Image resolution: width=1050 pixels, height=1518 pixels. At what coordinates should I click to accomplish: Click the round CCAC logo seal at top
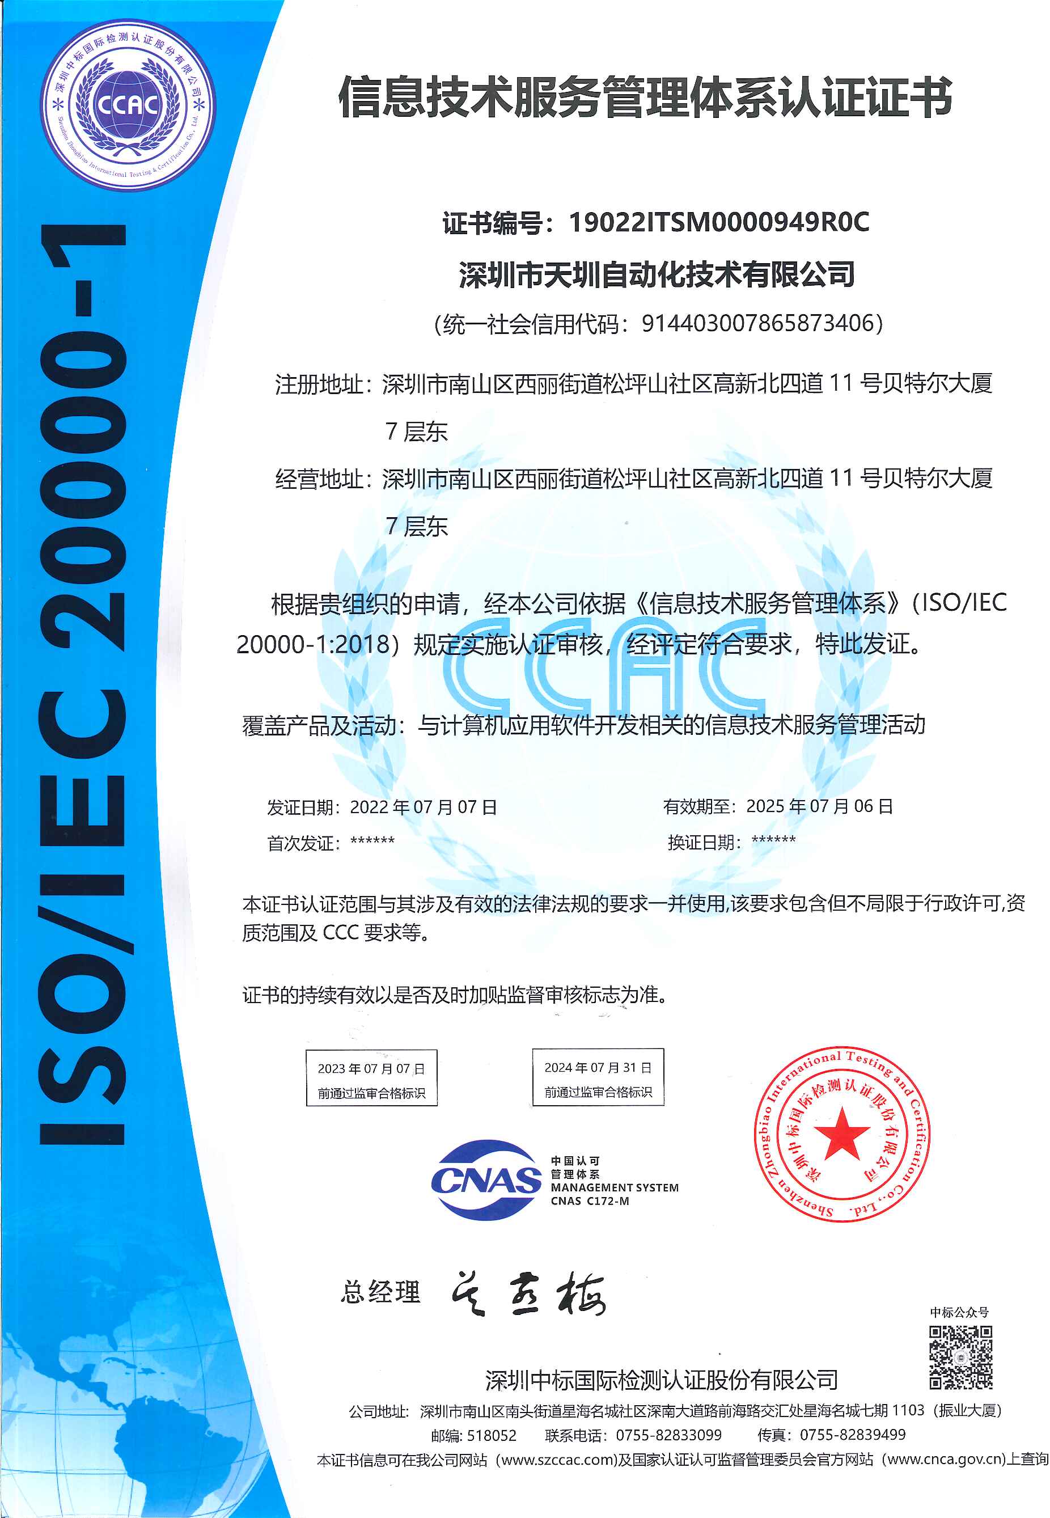pos(128,105)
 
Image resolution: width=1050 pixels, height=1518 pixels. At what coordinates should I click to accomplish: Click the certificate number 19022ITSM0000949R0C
pos(718,222)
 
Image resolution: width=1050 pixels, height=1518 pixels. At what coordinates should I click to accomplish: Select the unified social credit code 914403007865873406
pos(761,323)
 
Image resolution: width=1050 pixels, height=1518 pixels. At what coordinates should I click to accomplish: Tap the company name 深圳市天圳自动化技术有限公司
pos(657,274)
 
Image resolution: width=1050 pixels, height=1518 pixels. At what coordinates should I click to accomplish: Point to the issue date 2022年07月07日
pos(423,807)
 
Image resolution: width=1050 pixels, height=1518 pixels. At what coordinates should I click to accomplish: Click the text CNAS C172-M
pos(590,1201)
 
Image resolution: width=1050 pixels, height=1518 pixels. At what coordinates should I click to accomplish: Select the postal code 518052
pos(492,1435)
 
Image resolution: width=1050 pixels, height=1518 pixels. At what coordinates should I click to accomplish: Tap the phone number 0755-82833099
pos(668,1435)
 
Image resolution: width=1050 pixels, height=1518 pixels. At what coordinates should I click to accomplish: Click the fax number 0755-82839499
pos(852,1435)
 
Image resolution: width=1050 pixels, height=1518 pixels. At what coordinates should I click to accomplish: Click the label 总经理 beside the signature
pos(380,1292)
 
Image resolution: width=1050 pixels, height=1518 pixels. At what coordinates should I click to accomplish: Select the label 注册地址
pos(319,384)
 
